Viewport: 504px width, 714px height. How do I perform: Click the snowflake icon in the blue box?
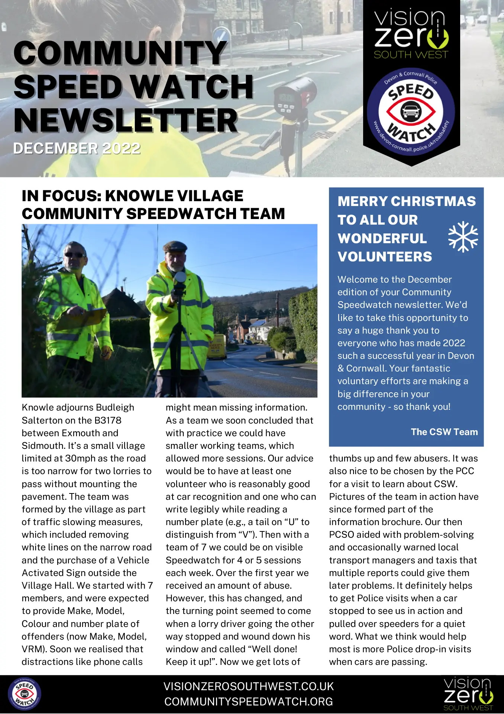coord(463,237)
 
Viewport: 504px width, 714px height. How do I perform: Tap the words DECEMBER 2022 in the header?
coord(77,148)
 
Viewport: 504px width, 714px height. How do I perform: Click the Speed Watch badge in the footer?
coord(25,694)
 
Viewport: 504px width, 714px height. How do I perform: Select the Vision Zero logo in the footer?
coord(468,694)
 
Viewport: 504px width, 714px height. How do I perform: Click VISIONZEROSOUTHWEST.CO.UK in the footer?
coord(249,686)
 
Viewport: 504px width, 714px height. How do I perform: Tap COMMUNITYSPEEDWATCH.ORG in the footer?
coord(249,702)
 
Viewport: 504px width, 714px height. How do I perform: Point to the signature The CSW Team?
coord(444,432)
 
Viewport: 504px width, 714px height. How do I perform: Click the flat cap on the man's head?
coord(175,247)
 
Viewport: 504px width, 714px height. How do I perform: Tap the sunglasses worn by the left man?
coord(74,255)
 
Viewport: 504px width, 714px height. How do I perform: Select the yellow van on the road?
coord(217,346)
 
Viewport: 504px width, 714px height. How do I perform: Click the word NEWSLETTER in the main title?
coord(126,120)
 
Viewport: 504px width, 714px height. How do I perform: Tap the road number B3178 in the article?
coord(108,420)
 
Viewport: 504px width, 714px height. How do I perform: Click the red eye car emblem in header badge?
coord(411,111)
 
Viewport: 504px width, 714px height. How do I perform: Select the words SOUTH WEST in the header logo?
coord(411,55)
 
